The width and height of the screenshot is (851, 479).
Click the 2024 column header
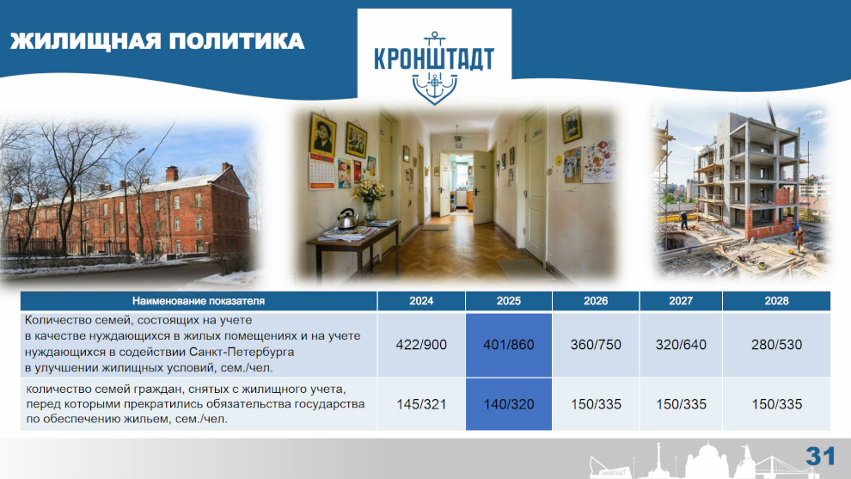[x=421, y=301]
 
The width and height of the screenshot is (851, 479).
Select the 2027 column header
[x=681, y=301]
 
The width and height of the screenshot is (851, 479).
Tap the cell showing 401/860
[x=509, y=345]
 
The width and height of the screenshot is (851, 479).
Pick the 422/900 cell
[x=421, y=345]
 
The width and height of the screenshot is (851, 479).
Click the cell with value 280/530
[x=777, y=345]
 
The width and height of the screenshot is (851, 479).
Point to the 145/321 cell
[x=421, y=404]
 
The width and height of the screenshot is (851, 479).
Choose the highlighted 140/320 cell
[x=509, y=404]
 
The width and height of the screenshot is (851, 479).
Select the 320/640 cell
[x=681, y=345]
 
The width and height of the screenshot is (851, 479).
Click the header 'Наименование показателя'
[x=199, y=301]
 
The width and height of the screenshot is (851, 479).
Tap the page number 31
[x=820, y=456]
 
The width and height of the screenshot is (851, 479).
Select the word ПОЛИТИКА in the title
[x=236, y=41]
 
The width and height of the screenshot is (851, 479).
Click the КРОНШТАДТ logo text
[x=434, y=59]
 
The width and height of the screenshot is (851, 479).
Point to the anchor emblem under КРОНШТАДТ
[x=434, y=87]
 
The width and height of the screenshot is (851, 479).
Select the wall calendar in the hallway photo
[x=321, y=171]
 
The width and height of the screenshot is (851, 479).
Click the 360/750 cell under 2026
[x=596, y=345]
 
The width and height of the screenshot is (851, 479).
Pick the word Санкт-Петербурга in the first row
[x=245, y=352]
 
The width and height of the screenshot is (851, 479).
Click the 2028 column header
[x=777, y=301]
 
